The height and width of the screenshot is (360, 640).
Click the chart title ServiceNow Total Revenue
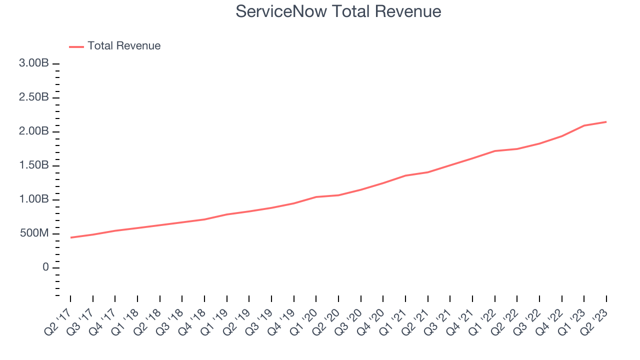pos(338,11)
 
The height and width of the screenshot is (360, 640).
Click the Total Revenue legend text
pos(124,46)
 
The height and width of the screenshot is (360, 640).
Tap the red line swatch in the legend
pos(76,46)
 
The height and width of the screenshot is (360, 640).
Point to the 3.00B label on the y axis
pos(34,64)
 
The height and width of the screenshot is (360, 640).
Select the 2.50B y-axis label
pos(34,97)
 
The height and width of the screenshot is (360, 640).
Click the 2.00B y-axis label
pos(34,131)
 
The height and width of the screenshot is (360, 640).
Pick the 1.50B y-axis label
pos(34,165)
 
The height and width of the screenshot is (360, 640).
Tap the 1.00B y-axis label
pos(34,199)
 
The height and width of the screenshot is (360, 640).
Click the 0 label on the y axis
pos(46,267)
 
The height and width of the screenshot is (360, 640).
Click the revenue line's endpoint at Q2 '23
pos(606,121)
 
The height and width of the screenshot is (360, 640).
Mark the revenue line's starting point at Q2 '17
pos(70,237)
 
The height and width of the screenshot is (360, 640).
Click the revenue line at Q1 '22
pos(494,151)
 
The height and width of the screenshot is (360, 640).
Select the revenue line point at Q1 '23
pos(584,125)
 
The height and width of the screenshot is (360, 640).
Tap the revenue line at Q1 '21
pos(405,175)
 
